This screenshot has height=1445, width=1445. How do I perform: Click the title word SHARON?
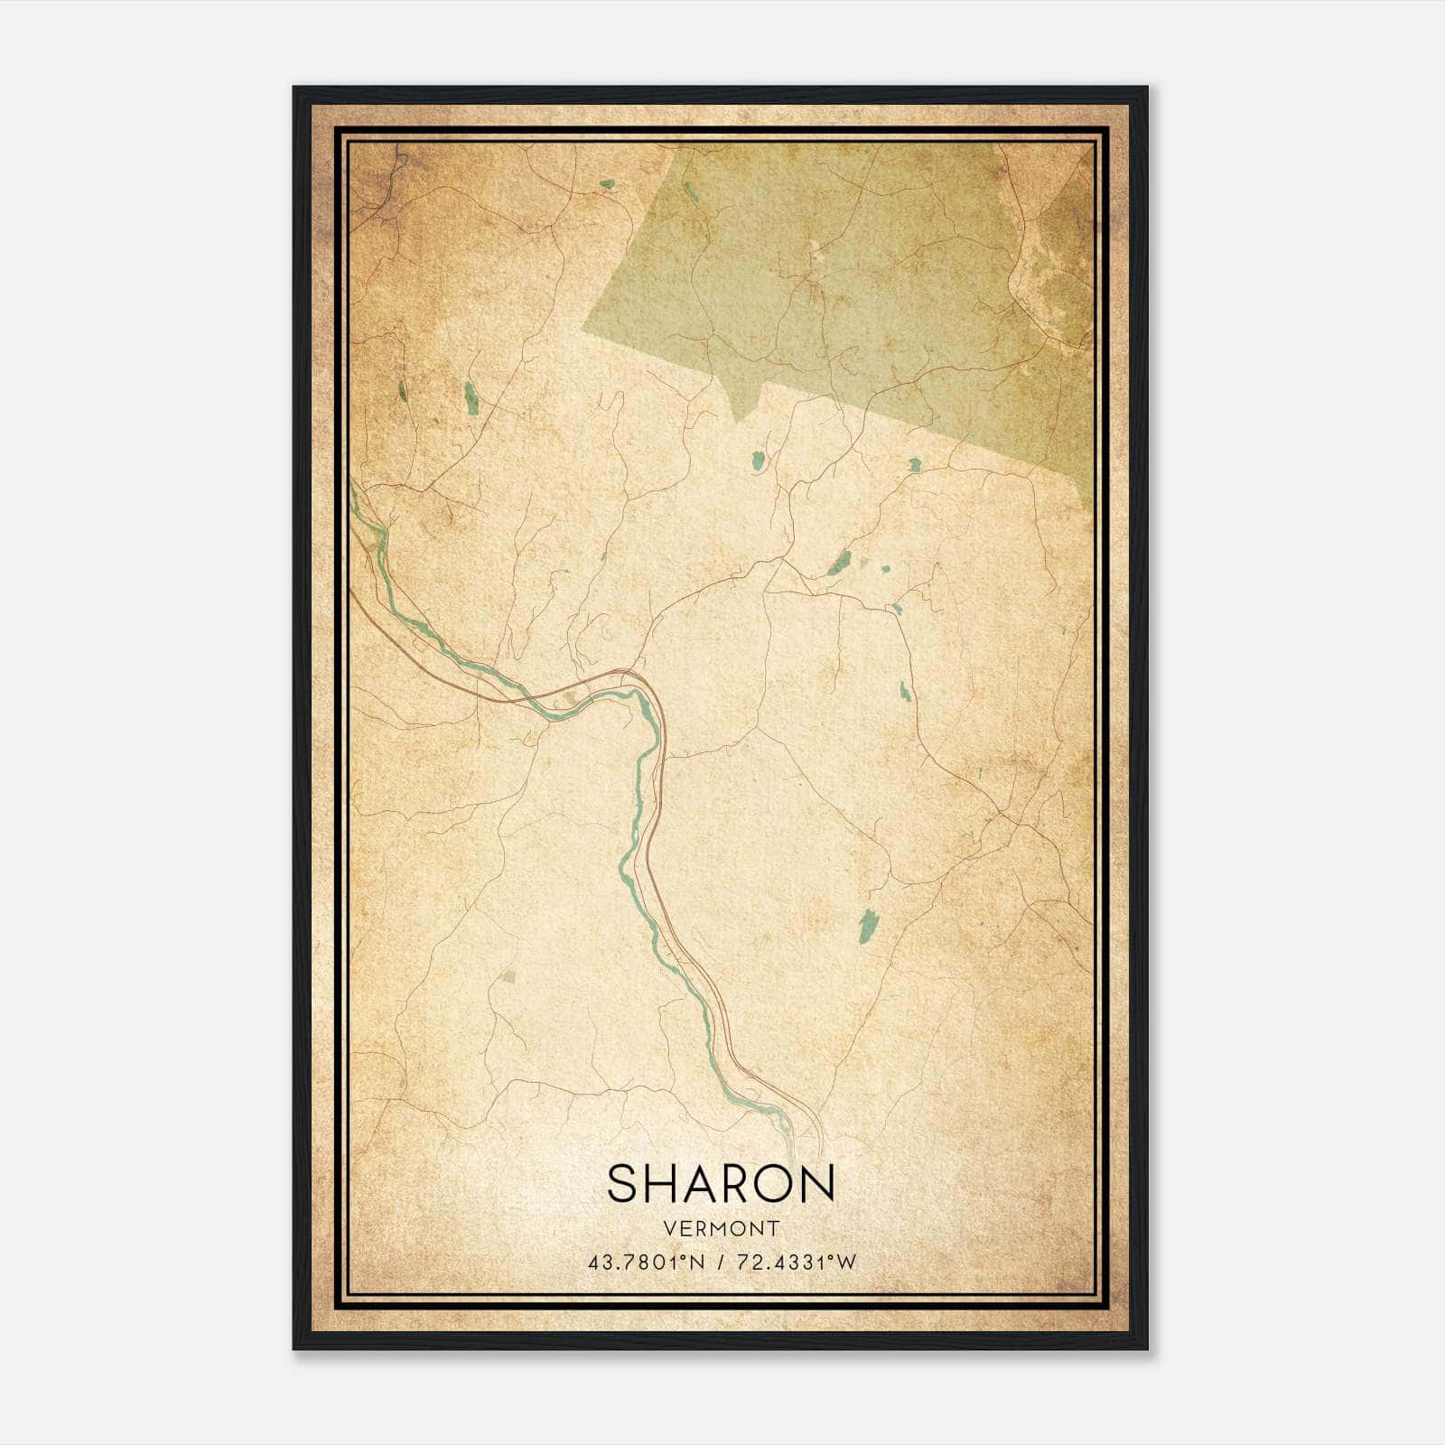pyautogui.click(x=721, y=1183)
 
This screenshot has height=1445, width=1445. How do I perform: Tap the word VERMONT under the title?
pyautogui.click(x=721, y=1228)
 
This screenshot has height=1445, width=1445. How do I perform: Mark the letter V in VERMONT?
pyautogui.click(x=668, y=1228)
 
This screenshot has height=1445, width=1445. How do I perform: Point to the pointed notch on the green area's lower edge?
pyautogui.click(x=739, y=421)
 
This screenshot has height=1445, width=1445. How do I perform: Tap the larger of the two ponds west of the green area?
pyautogui.click(x=471, y=397)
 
